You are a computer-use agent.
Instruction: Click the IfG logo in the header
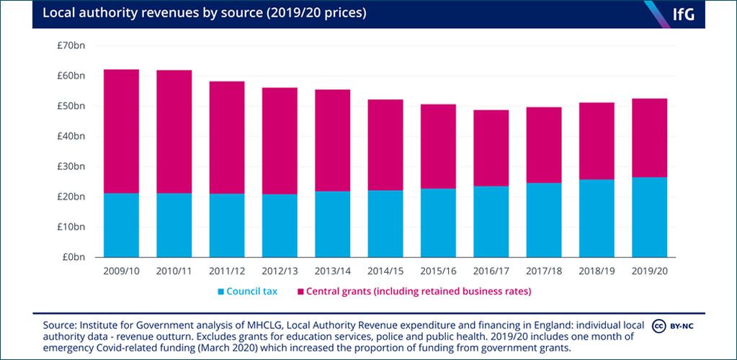point(684,14)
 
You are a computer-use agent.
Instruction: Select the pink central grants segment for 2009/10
point(121,132)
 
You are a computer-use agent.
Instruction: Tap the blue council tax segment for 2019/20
point(649,217)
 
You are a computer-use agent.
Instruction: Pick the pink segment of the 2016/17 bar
point(491,148)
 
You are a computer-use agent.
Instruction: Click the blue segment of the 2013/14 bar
point(332,224)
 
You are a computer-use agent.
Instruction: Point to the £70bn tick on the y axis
point(71,45)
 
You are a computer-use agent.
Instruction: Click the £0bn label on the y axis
point(73,257)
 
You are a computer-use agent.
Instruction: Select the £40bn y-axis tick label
point(71,136)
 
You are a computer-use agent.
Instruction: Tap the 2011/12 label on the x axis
point(227,271)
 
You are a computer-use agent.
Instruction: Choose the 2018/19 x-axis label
point(597,271)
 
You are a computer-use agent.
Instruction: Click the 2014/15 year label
point(385,271)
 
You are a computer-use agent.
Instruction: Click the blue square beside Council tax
point(220,292)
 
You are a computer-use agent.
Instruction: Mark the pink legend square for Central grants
point(301,292)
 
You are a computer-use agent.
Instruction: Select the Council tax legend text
point(252,292)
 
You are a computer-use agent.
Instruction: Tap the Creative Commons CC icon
point(657,325)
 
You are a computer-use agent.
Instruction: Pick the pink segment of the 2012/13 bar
point(280,141)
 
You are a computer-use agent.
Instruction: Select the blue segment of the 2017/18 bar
point(544,220)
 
